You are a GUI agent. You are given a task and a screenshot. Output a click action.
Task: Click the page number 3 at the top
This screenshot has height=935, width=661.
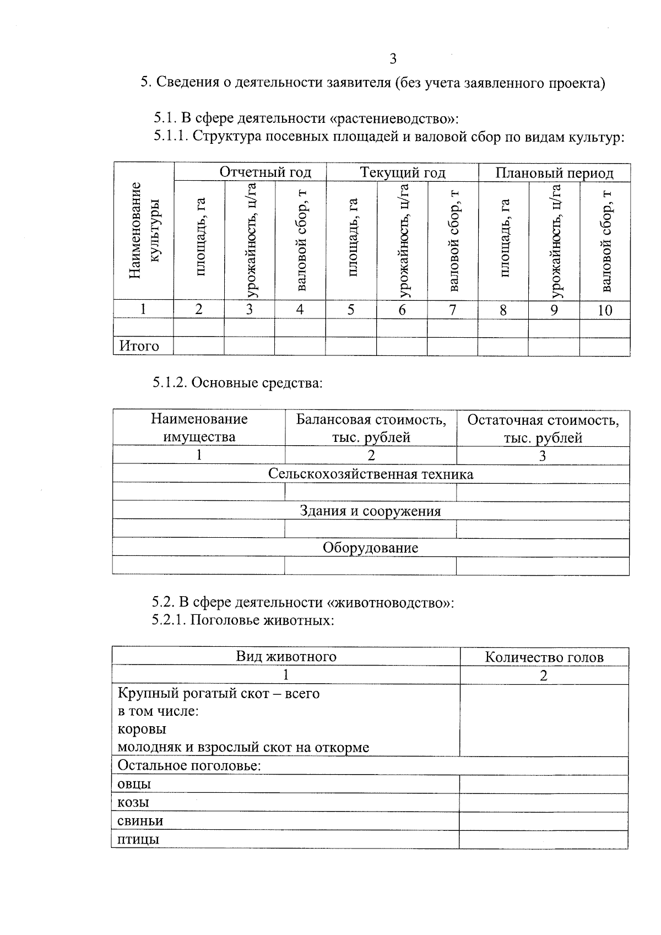click(392, 59)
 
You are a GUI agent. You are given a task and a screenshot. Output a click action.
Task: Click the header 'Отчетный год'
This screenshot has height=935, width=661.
click(266, 172)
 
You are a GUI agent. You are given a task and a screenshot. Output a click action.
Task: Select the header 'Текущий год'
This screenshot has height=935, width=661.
click(403, 172)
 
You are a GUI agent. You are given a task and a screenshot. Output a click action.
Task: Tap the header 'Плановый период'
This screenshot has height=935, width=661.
click(554, 173)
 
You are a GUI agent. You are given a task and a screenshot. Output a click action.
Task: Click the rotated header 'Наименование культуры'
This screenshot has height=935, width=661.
click(144, 231)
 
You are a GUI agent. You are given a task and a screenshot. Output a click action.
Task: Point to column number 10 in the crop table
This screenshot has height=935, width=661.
click(605, 310)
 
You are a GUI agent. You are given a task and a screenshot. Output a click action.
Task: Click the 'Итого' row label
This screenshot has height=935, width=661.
click(139, 347)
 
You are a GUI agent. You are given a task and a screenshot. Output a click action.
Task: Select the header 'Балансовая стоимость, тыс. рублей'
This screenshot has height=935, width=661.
click(371, 429)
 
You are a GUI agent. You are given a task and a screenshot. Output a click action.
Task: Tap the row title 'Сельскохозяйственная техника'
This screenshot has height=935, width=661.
click(371, 474)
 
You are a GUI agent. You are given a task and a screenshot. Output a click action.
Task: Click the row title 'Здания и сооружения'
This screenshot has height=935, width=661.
click(371, 511)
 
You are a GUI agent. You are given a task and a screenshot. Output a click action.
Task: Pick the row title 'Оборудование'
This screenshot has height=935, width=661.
click(371, 548)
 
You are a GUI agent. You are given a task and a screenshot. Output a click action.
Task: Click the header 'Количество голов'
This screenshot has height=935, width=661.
click(544, 657)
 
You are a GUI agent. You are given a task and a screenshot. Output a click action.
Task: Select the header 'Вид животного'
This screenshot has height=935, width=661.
click(286, 656)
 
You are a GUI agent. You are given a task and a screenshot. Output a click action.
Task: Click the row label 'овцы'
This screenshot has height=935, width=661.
click(134, 784)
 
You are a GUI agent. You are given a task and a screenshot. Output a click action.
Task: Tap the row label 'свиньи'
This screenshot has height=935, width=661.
click(140, 821)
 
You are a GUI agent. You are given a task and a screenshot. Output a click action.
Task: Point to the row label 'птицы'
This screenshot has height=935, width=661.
click(138, 840)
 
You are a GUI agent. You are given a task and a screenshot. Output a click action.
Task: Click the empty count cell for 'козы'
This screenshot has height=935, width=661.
click(543, 803)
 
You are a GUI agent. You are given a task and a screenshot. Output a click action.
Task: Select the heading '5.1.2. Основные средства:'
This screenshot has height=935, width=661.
click(237, 382)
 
